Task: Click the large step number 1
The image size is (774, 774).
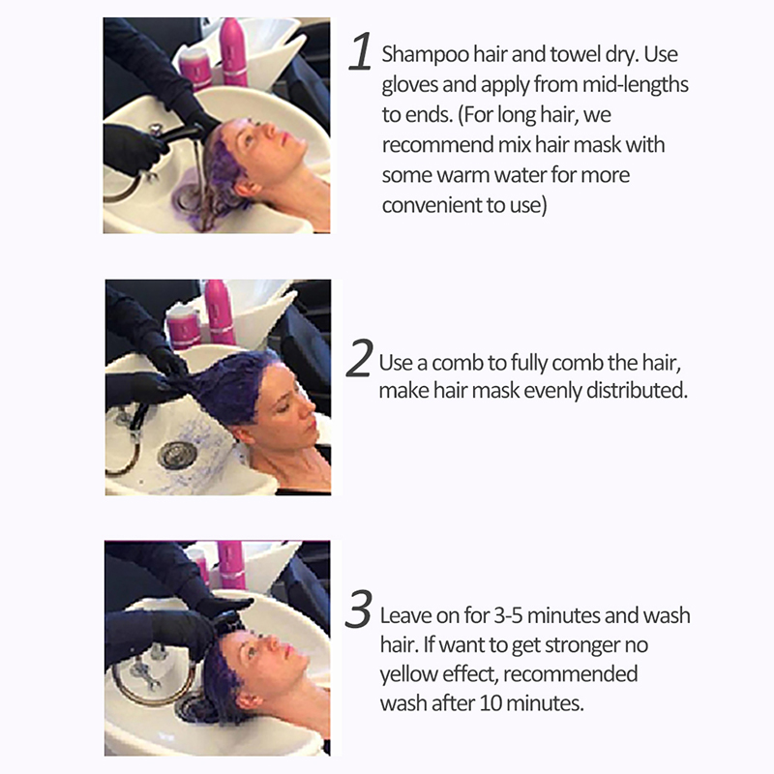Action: tap(360, 51)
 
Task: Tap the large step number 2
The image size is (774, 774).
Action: tap(359, 358)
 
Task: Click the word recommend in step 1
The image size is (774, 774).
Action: tap(436, 145)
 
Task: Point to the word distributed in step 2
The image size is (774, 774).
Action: tap(637, 391)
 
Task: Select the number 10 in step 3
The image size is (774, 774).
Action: tap(491, 703)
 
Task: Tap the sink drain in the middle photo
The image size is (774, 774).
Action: tap(177, 455)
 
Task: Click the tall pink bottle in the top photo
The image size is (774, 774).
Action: tap(233, 51)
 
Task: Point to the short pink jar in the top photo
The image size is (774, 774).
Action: tap(195, 70)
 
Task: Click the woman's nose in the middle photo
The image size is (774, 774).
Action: tap(308, 408)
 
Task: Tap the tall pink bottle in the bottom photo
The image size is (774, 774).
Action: tap(231, 564)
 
